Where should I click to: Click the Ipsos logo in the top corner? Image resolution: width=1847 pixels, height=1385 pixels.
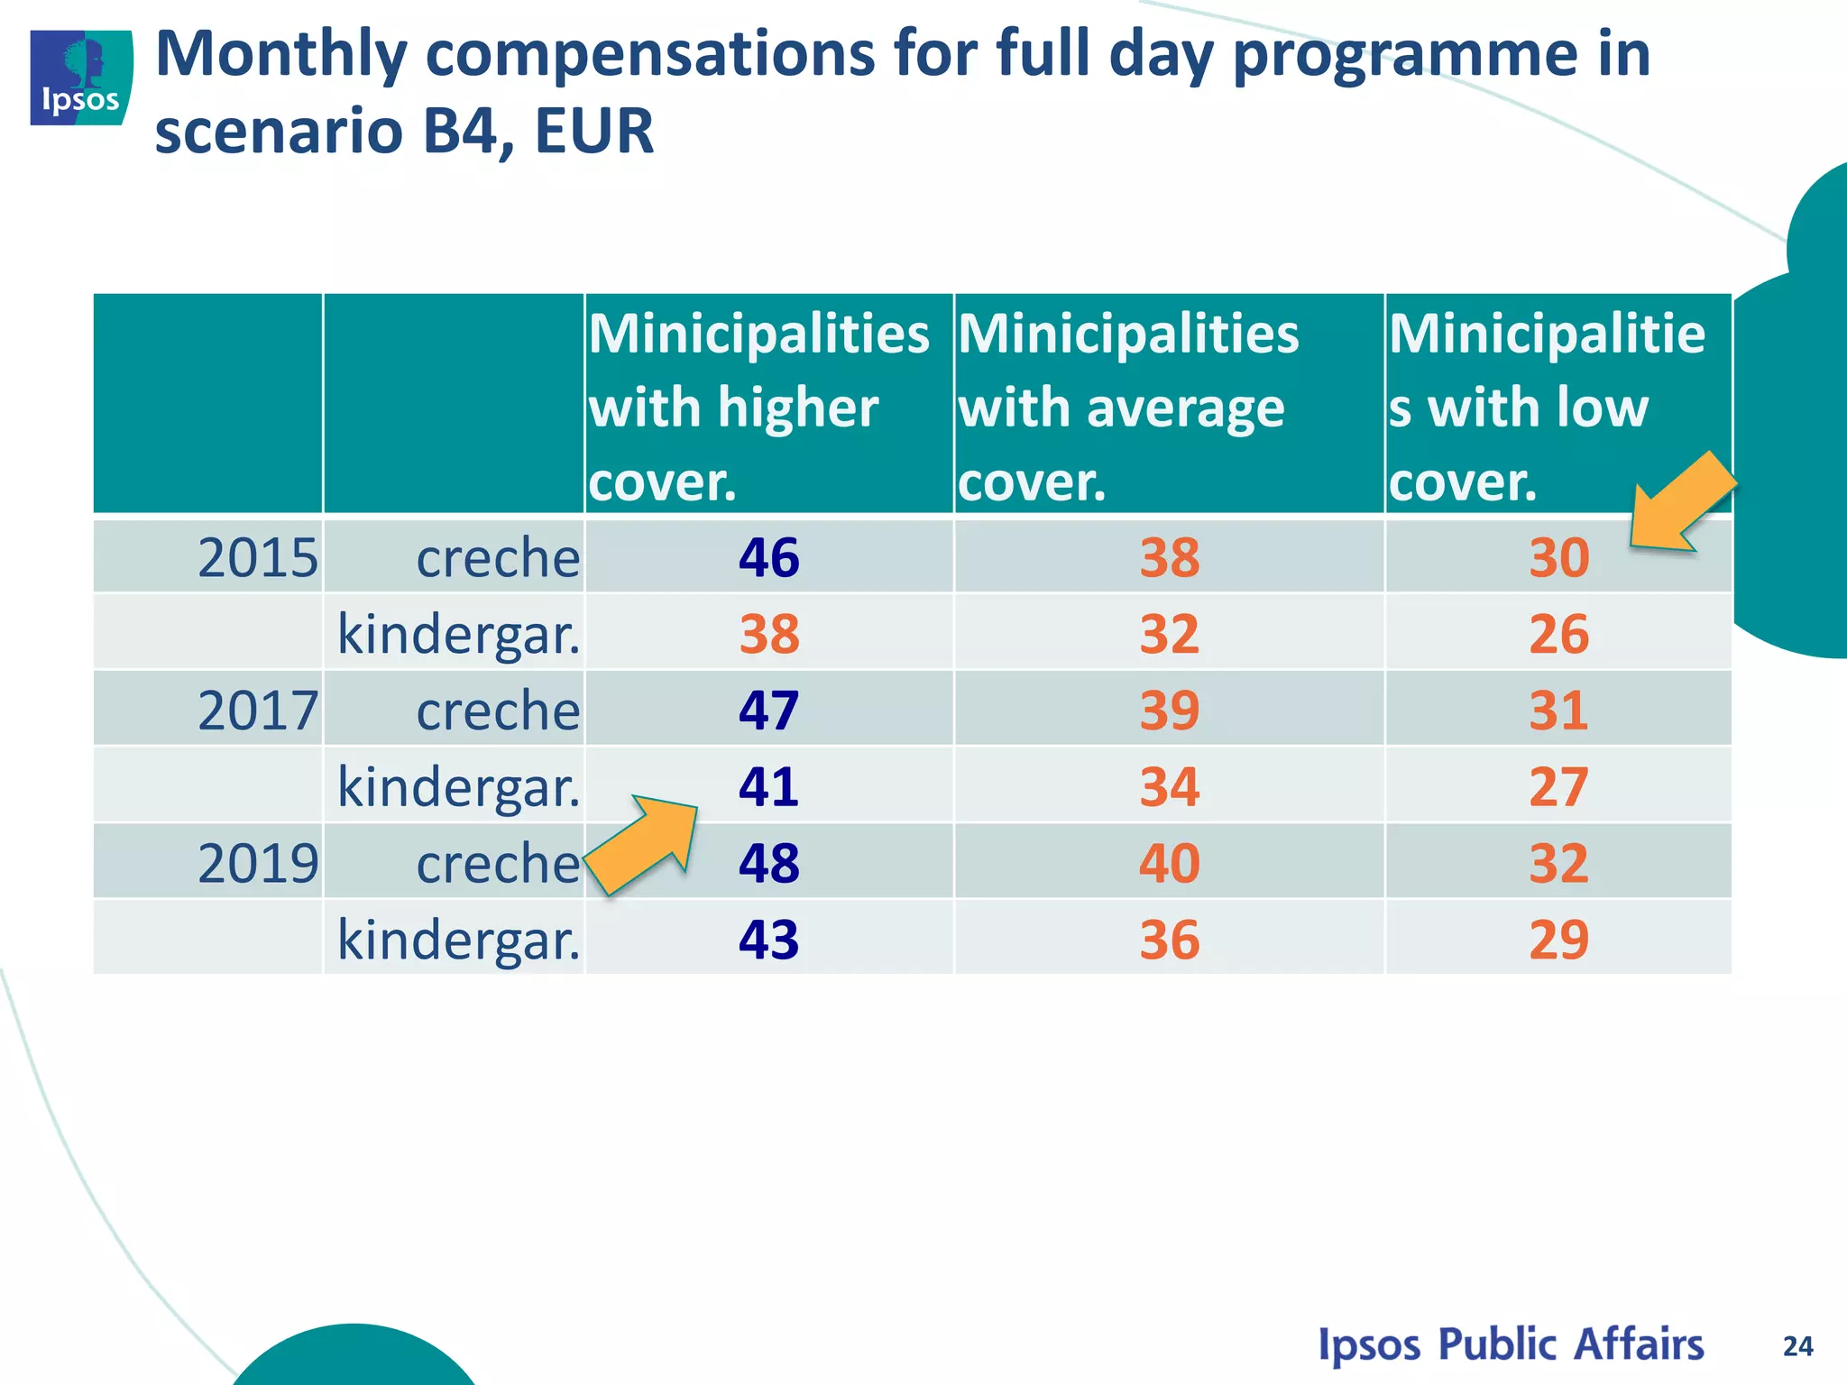coord(81,78)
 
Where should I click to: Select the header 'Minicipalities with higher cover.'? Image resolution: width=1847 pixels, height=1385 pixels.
coord(758,407)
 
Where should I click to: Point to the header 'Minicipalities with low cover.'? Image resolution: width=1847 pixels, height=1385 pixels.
coord(1546,407)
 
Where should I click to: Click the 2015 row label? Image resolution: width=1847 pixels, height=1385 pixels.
coord(258,557)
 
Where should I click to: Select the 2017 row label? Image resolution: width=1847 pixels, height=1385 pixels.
coord(258,711)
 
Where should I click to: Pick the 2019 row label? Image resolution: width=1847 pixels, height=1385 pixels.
coord(258,863)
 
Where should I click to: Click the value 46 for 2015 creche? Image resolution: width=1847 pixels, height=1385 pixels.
coord(768,557)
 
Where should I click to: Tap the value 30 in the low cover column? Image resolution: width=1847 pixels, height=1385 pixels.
coord(1558,557)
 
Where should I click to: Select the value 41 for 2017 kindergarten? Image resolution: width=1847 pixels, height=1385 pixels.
coord(768,787)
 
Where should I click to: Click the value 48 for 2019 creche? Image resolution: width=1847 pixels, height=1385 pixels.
coord(768,863)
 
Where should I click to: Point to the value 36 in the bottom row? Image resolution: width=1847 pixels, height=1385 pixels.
coord(1169,940)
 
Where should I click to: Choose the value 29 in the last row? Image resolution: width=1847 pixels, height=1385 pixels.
coord(1558,940)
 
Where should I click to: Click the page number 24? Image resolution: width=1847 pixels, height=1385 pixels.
coord(1797,1346)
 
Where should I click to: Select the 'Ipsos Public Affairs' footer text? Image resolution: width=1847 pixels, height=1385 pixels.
coord(1511,1344)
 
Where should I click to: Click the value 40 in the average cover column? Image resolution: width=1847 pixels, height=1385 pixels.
coord(1169,863)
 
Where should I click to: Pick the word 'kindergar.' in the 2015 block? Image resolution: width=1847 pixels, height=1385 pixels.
coord(458,634)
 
